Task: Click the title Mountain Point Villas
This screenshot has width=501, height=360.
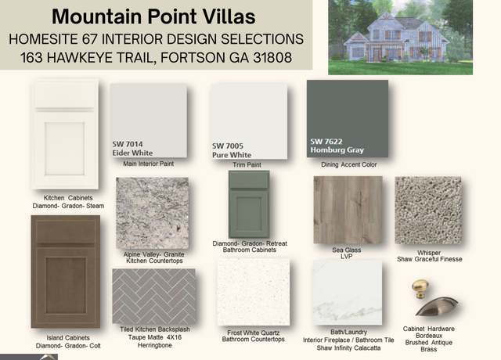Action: (x=153, y=16)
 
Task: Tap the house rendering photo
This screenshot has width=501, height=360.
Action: (x=400, y=37)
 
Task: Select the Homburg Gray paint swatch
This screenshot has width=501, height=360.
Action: (x=348, y=118)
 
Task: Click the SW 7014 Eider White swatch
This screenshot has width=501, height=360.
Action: (x=149, y=121)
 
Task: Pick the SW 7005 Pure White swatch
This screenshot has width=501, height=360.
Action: (x=249, y=121)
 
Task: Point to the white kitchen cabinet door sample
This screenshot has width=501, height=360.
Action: (x=65, y=134)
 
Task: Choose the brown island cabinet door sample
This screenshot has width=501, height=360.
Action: (x=66, y=272)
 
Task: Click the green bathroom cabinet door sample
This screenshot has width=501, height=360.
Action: (x=249, y=204)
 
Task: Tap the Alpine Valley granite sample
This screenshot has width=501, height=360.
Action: (x=153, y=213)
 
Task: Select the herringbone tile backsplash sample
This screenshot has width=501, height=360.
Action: (x=154, y=296)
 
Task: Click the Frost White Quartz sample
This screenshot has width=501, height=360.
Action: (x=254, y=292)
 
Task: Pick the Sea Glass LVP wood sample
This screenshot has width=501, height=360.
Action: (x=348, y=210)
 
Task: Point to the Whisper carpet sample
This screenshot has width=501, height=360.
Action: (x=428, y=211)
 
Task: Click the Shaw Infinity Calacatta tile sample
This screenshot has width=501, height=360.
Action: (x=348, y=292)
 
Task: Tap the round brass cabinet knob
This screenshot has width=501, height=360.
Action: (x=420, y=289)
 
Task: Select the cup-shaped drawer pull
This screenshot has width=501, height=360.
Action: (x=437, y=307)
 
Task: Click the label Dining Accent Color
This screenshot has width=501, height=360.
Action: (x=349, y=165)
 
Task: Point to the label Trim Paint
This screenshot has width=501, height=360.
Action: (x=247, y=165)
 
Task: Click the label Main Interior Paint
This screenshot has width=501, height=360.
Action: (x=149, y=164)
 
